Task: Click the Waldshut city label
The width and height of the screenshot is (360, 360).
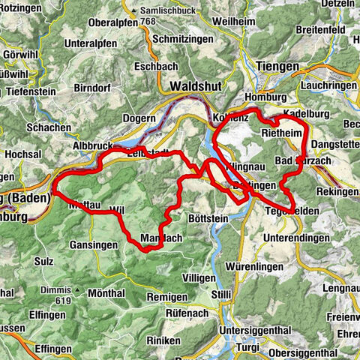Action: click(x=196, y=86)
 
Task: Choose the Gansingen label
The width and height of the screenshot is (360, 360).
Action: click(x=94, y=245)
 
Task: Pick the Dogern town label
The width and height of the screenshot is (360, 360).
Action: click(x=139, y=118)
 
